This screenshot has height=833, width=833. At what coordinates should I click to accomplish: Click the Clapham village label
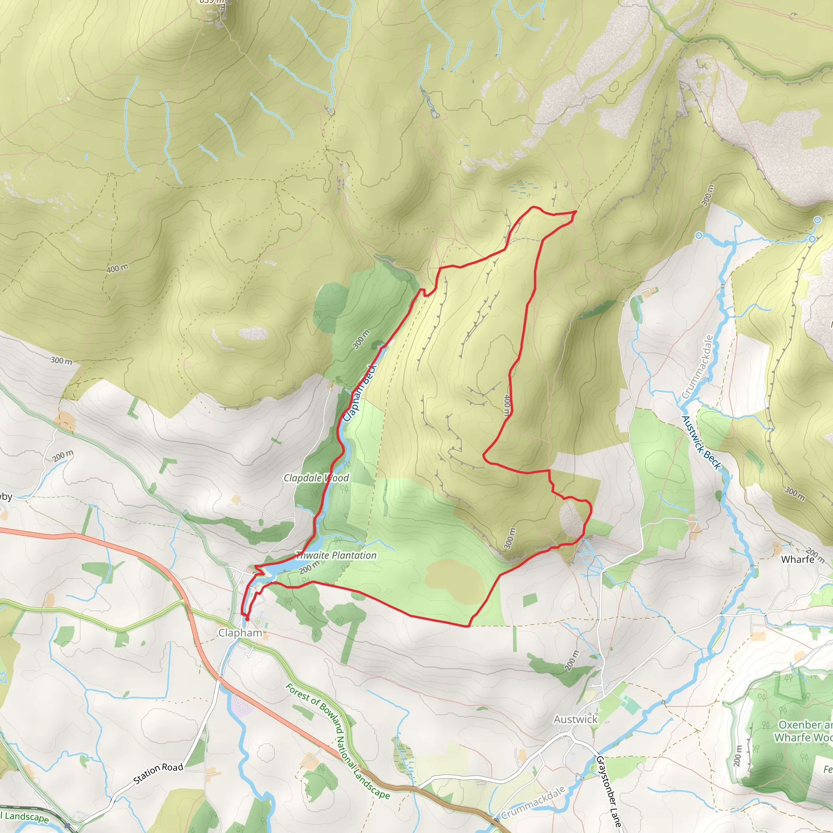point(240,633)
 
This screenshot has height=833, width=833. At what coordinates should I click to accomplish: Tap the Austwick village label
point(576,719)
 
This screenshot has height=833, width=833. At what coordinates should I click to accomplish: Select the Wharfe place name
point(798,559)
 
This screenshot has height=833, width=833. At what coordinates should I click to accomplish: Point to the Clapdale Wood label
point(316,478)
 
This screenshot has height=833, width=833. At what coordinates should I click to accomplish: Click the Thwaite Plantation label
point(336,555)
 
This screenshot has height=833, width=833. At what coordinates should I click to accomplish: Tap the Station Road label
point(158,779)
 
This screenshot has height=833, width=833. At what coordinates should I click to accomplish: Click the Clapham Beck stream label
point(360,393)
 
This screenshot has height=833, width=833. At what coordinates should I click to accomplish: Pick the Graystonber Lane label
point(608,791)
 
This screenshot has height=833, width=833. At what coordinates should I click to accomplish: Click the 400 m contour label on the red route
point(507,405)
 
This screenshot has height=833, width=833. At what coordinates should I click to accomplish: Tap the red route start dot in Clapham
point(247,619)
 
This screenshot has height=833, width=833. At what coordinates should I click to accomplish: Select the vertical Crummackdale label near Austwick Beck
point(697,367)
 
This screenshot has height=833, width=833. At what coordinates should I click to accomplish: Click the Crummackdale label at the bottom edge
point(533,802)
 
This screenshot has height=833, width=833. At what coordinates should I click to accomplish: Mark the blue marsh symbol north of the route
point(523,187)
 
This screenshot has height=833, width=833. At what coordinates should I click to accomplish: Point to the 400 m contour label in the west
point(117,268)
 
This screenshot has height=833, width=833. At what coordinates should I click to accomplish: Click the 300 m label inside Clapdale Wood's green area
point(361,340)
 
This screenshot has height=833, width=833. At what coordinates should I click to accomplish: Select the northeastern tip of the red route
point(576,211)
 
